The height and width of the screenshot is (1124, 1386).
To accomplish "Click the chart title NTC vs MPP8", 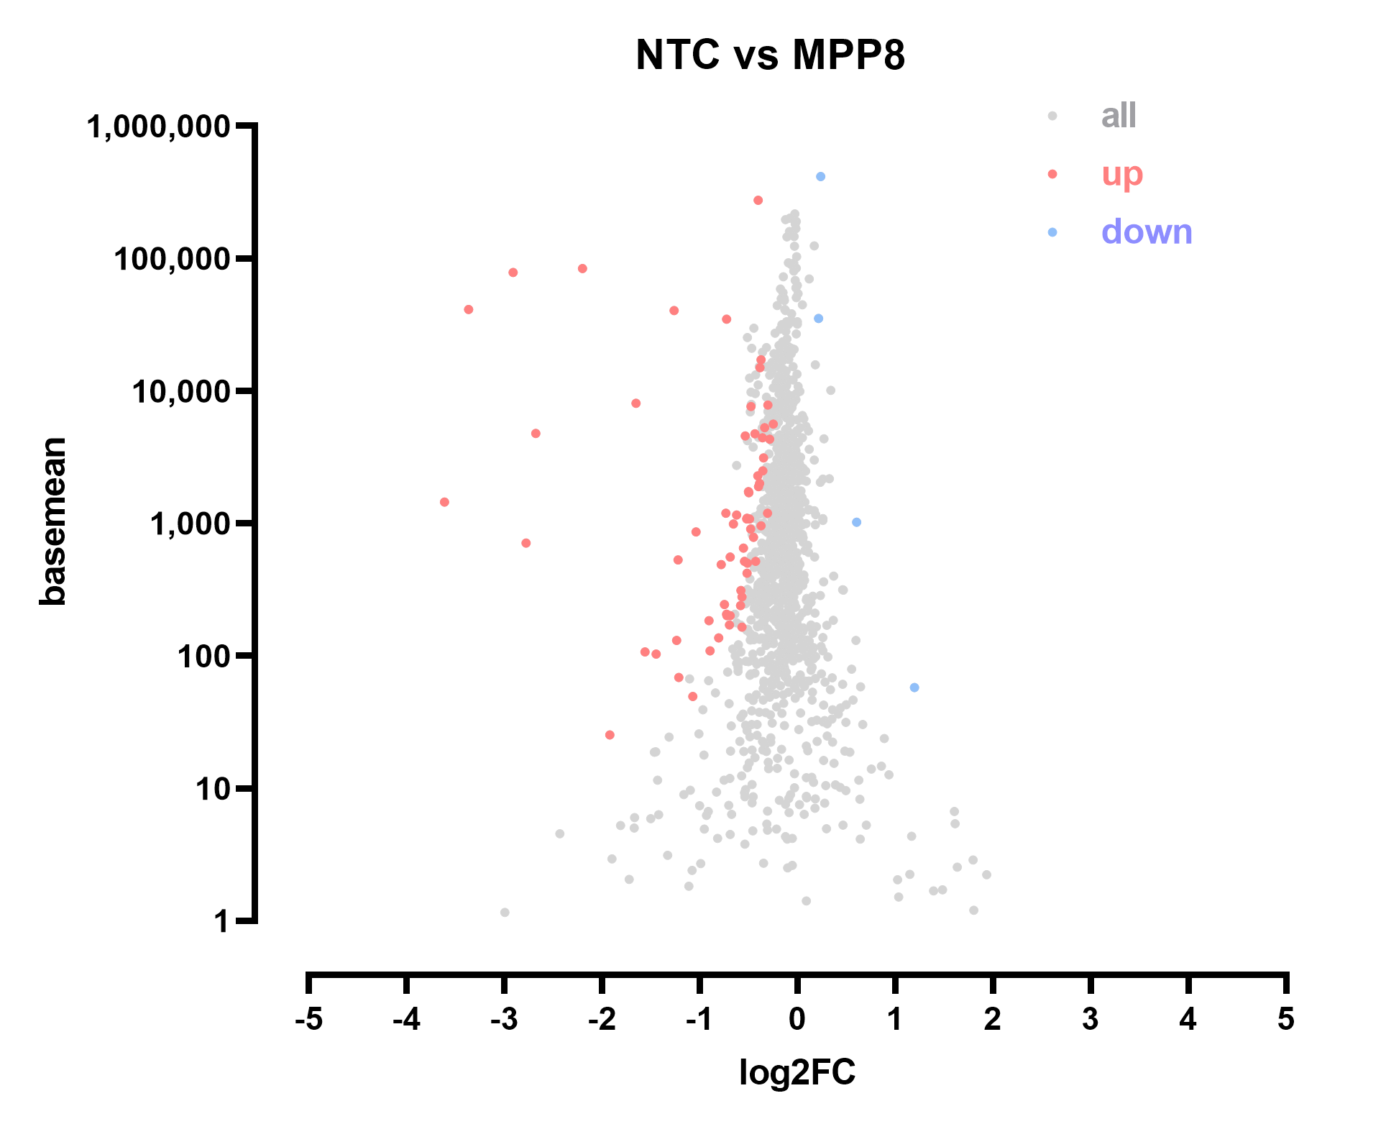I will pos(770,55).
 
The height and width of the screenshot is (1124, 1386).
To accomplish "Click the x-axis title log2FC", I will pos(797,1073).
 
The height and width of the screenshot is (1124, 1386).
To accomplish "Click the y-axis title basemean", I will pos(53,521).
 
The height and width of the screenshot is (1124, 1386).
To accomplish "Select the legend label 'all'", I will pos(1119,115).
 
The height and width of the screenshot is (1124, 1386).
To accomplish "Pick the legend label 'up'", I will pos(1121,173).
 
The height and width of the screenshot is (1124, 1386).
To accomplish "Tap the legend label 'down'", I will pos(1147,232).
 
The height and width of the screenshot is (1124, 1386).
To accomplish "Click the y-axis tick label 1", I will pos(221,921).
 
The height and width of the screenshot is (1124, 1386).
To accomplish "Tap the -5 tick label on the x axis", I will pos(308,1019).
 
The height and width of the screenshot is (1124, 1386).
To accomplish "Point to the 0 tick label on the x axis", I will pos(797,1019).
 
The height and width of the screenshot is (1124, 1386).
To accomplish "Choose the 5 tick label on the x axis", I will pos(1286,1019).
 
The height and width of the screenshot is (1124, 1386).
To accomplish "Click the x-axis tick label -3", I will pos(504,1019).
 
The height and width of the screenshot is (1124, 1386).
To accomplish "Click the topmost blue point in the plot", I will pos(820,177).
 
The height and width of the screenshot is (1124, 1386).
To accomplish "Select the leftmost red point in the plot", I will pos(444,502).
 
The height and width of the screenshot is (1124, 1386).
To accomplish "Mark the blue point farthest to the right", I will pos(914,687).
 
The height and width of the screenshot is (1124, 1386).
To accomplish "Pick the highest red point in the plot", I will pos(758,200).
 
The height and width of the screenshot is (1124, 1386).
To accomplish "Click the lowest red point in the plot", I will pos(610,735).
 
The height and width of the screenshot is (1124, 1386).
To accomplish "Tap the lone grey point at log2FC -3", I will pos(505,913).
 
